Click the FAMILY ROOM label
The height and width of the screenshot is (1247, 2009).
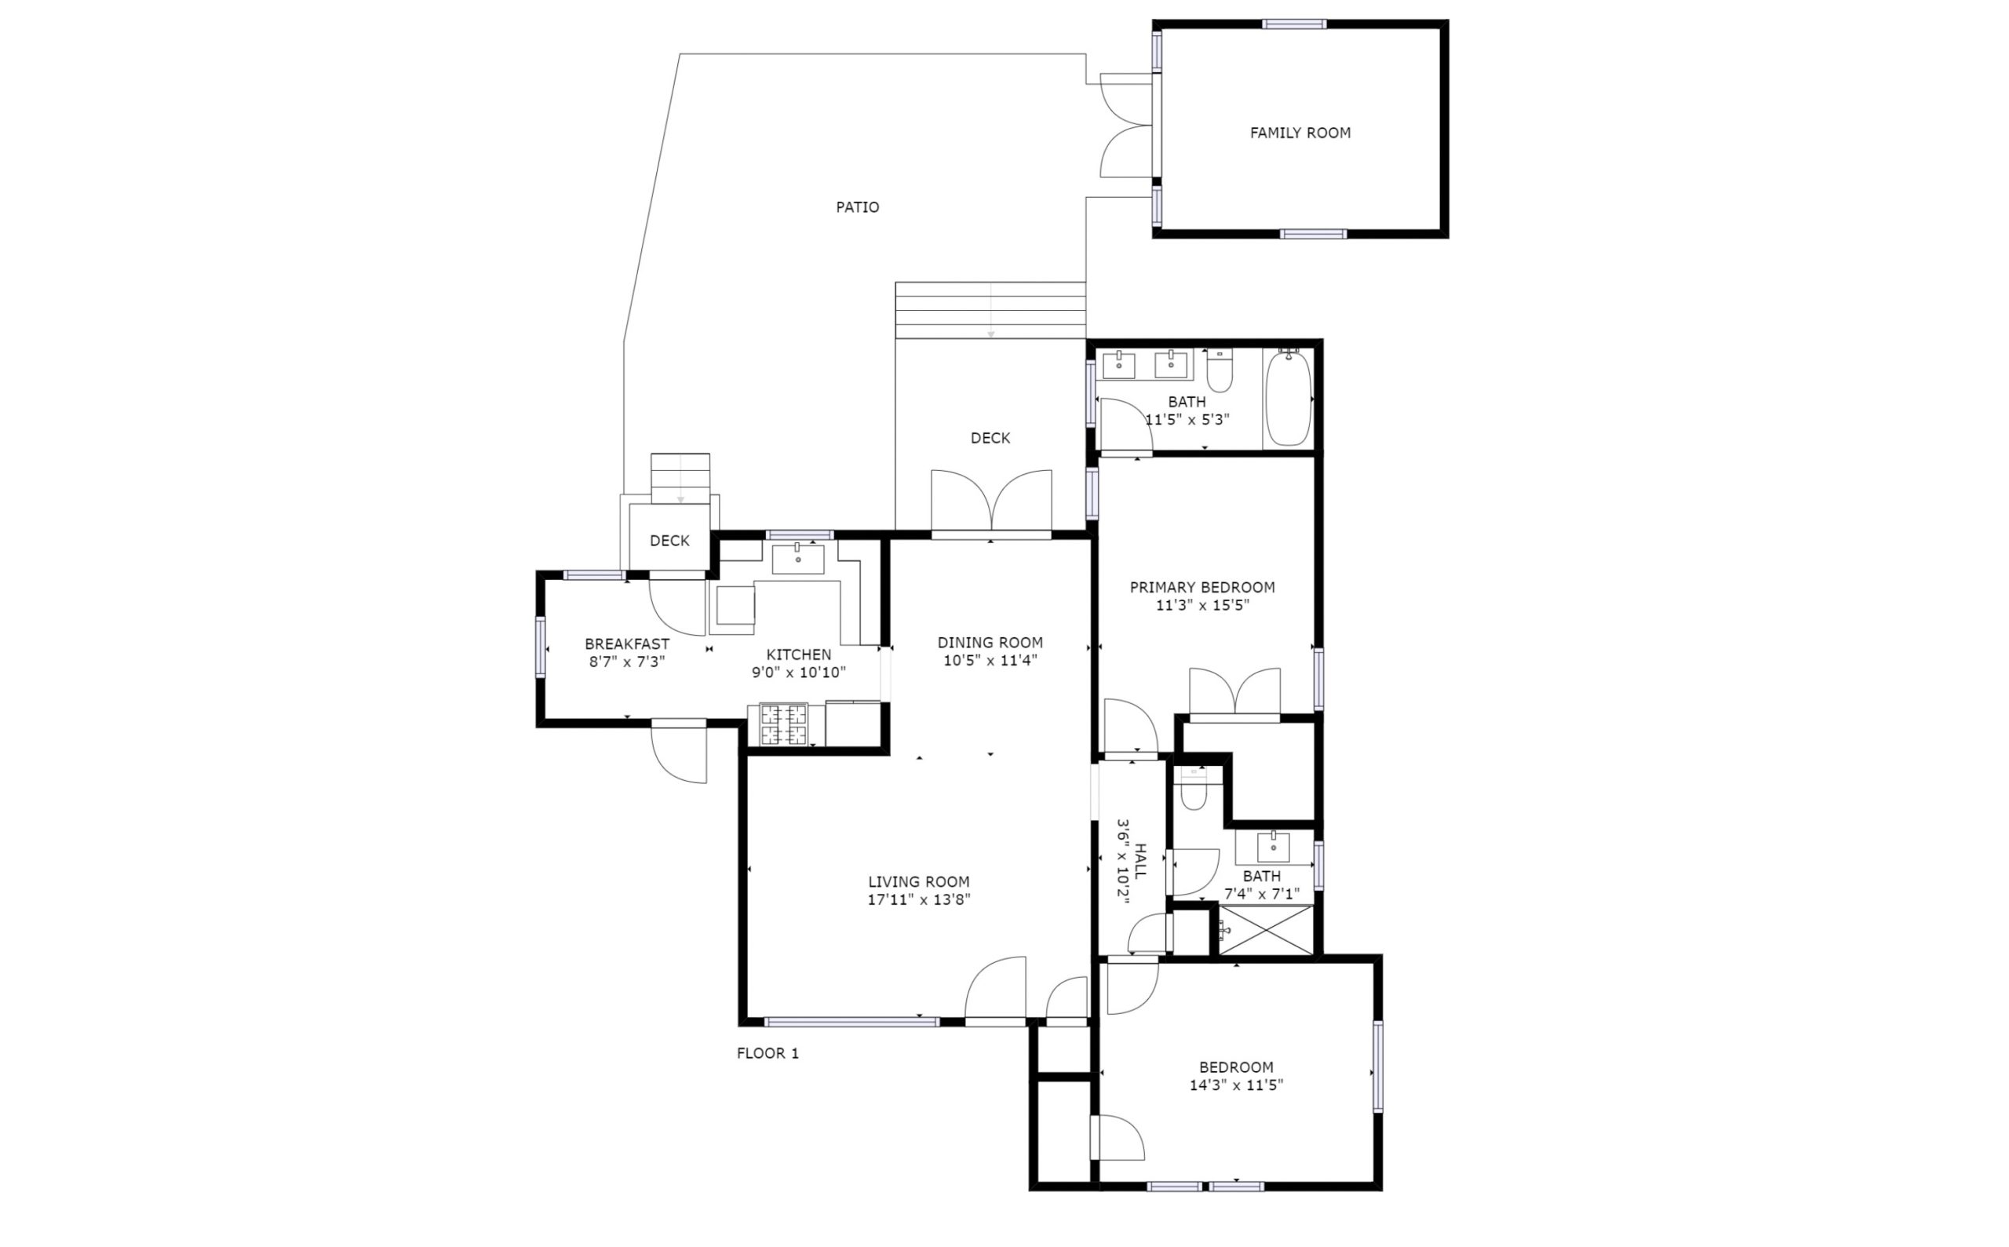click(x=1300, y=133)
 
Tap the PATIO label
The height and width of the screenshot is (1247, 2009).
click(x=858, y=207)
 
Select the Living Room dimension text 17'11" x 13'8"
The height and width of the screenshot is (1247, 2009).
click(x=919, y=900)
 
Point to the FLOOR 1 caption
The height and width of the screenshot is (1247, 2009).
click(x=768, y=1053)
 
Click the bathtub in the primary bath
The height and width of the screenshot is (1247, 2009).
click(x=1289, y=399)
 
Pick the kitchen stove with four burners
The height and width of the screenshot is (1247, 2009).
click(x=783, y=724)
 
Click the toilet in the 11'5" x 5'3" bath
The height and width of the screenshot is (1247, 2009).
click(x=1220, y=371)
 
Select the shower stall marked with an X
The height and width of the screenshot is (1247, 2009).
click(x=1266, y=929)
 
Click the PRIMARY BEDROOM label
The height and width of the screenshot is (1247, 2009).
click(x=1202, y=587)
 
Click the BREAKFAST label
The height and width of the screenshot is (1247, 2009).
click(x=627, y=644)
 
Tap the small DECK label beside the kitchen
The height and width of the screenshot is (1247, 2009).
click(x=669, y=541)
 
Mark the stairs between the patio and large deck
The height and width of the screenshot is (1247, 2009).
click(x=990, y=310)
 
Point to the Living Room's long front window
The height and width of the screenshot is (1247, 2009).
click(x=852, y=1022)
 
